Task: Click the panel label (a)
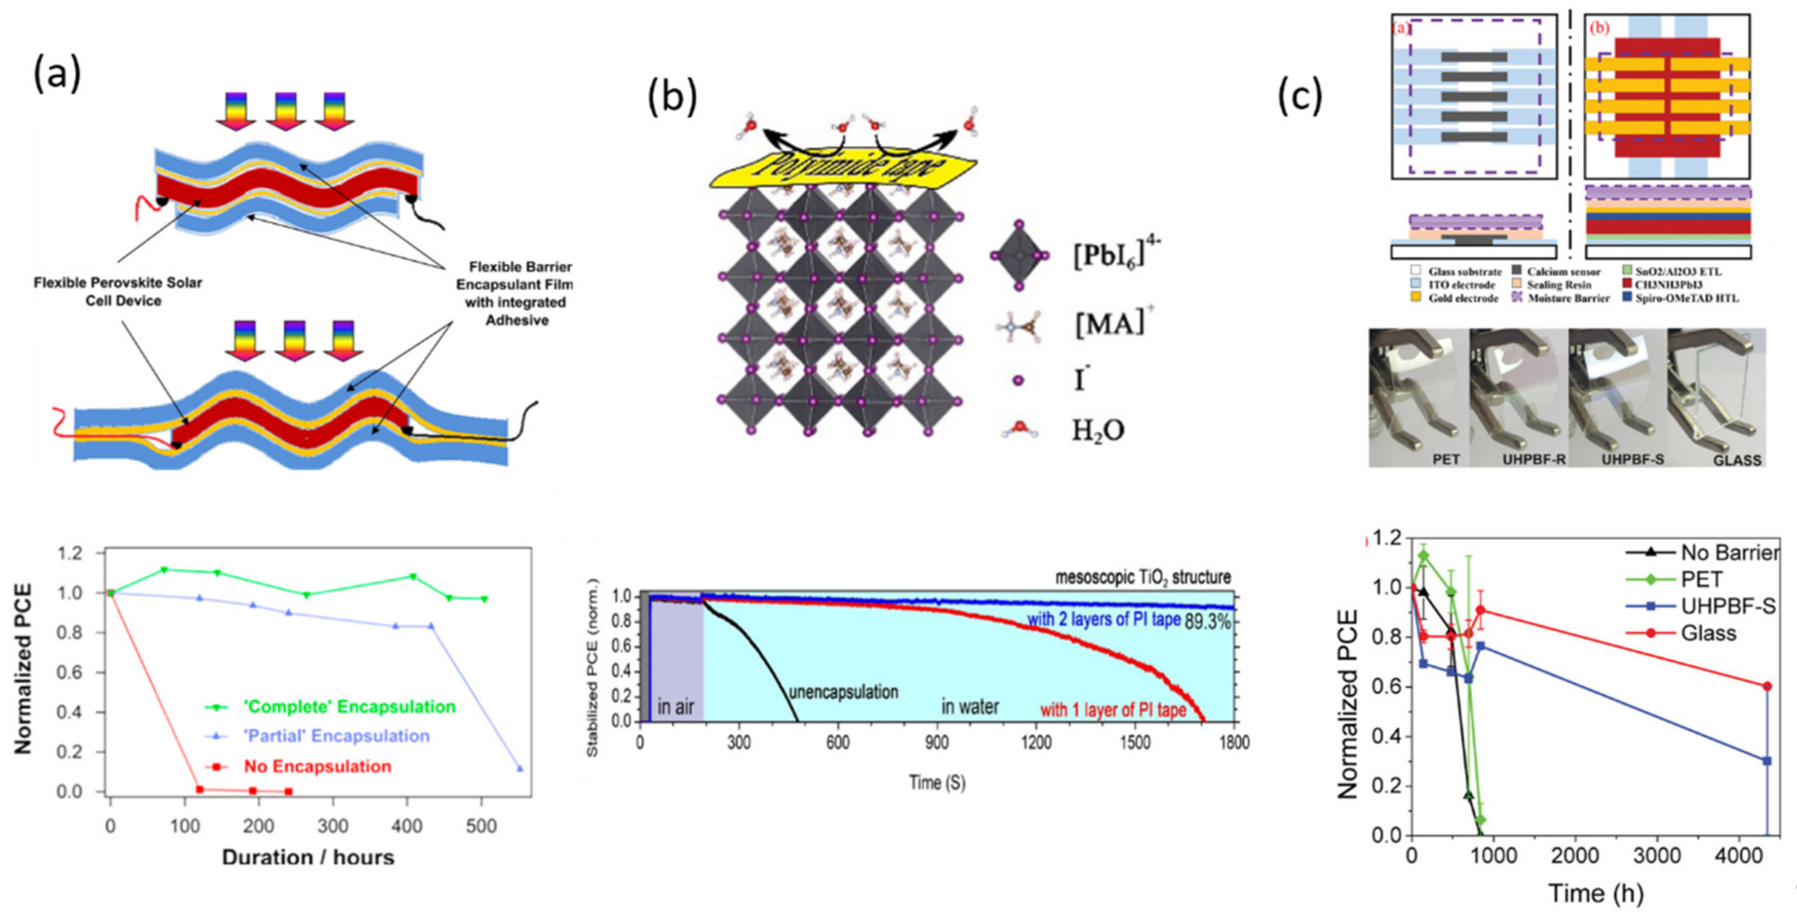point(57,73)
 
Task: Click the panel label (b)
point(672,97)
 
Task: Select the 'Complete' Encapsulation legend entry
point(349,706)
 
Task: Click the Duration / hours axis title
point(307,857)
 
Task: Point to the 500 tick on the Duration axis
point(481,827)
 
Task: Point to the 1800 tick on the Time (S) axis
point(1234,742)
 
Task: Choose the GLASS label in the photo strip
point(1737,460)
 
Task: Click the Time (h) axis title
point(1595,894)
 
